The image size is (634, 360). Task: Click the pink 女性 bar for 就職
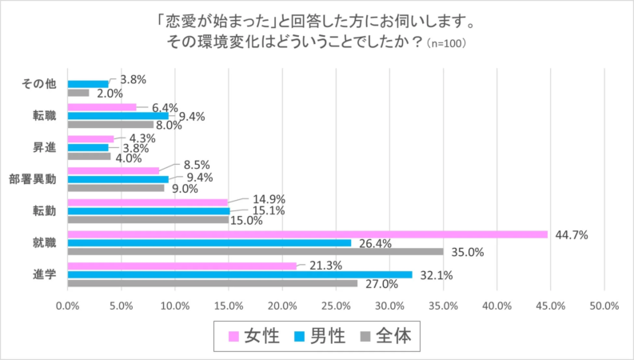[308, 234]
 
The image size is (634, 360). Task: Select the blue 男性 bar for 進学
[240, 274]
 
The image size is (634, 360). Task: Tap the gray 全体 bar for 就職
[256, 251]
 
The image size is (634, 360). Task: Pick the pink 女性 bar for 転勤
[148, 202]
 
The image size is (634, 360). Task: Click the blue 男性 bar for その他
[88, 83]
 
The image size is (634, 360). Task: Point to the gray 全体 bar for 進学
[213, 283]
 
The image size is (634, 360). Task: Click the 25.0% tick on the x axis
[336, 305]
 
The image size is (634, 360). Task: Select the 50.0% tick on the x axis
[604, 305]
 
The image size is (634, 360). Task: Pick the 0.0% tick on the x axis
[67, 305]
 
